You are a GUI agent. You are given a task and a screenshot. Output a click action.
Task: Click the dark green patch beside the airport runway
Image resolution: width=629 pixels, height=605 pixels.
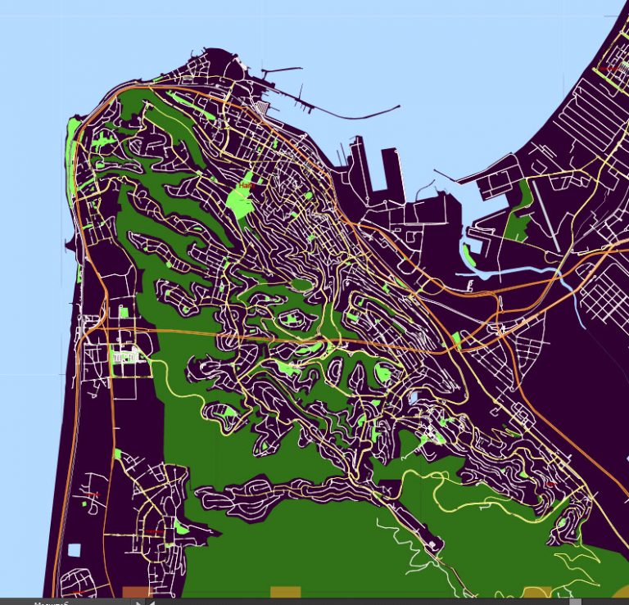pos(518,214)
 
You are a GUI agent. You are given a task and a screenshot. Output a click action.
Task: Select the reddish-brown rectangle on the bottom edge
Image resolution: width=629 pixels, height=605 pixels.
pos(136,592)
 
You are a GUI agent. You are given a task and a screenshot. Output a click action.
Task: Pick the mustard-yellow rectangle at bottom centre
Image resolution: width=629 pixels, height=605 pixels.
pos(285,592)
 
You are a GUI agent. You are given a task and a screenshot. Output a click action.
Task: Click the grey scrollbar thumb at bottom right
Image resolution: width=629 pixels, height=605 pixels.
pos(576,602)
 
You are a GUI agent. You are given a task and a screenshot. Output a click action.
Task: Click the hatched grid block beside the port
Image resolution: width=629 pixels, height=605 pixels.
pos(262,109)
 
